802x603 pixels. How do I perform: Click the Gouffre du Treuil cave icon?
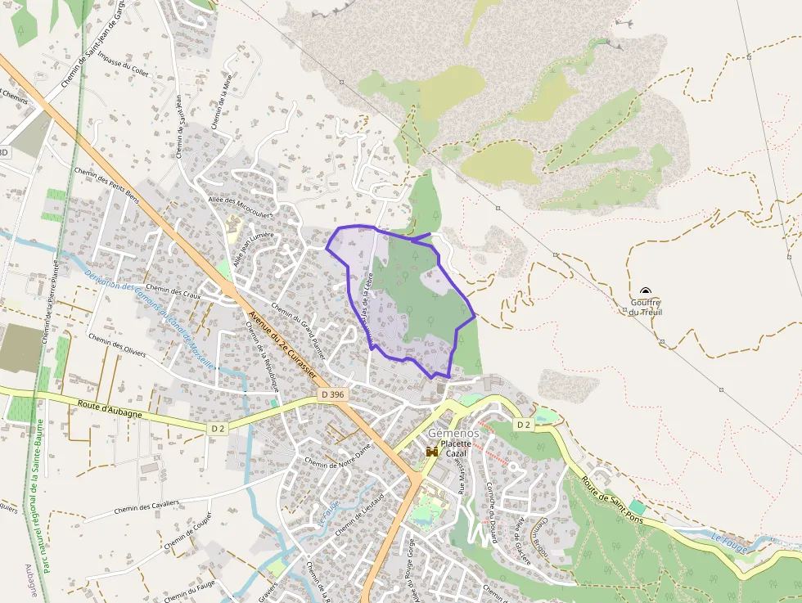point(646,292)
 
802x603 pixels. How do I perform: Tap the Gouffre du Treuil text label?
point(647,308)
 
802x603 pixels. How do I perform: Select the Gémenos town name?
point(453,432)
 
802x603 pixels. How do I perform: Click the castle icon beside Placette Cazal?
point(432,451)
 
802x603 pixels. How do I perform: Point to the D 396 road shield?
point(333,395)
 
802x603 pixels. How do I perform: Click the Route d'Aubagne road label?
point(110,410)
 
